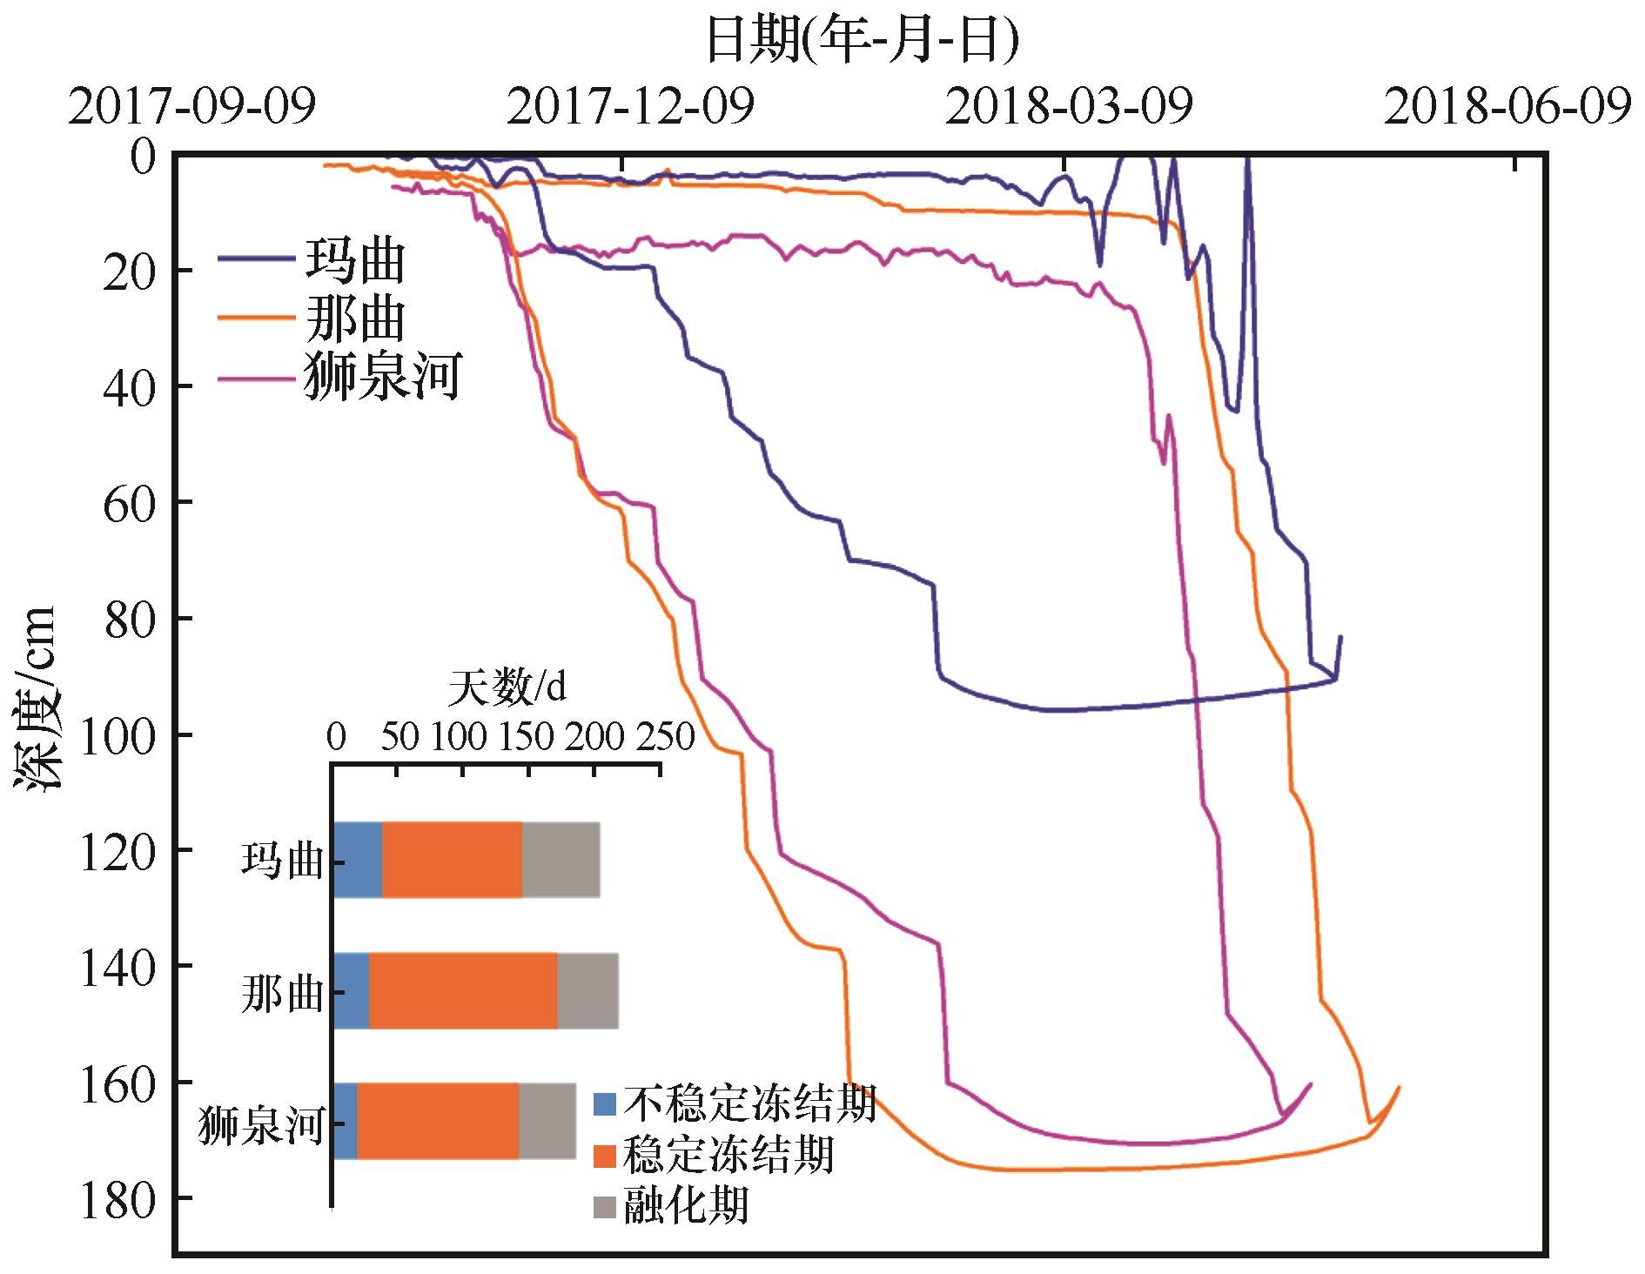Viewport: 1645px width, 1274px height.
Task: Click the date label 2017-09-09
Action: tap(191, 108)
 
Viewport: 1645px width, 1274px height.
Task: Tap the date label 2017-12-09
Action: tap(630, 108)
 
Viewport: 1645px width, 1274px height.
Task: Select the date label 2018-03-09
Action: tap(1069, 108)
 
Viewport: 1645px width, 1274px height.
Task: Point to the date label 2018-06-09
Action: tap(1507, 108)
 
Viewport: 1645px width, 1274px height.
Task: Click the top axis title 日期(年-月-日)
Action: tap(862, 40)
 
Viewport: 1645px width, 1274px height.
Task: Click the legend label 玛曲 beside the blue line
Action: tap(355, 259)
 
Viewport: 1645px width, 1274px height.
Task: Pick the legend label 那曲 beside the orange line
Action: tap(355, 318)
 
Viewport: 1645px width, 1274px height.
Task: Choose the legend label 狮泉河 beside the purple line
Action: tap(381, 378)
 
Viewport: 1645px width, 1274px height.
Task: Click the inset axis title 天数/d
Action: tap(507, 689)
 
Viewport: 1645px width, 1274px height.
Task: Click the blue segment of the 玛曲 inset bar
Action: tap(358, 859)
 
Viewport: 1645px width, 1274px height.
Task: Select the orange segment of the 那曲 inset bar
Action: tap(463, 991)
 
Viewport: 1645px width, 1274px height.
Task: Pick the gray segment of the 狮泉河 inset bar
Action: tap(547, 1121)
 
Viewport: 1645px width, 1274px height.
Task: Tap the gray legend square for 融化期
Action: tap(605, 1207)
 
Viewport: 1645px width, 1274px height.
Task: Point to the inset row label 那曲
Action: tap(282, 993)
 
